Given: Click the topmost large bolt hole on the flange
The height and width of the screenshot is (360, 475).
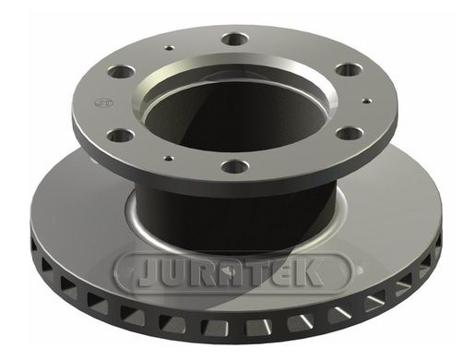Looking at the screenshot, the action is pos(235,39).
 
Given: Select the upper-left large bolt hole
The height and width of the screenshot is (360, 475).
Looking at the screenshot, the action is pos(122,72).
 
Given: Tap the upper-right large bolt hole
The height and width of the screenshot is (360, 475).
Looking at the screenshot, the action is pos(348,69).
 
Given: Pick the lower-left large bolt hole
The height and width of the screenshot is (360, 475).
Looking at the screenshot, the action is pos(120,136).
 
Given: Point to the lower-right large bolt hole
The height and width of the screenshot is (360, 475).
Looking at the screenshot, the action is pos(350,134).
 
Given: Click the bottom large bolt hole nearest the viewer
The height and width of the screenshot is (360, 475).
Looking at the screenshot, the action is pos(235,166).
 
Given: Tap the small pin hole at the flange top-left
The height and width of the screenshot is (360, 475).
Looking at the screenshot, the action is pos(169,48).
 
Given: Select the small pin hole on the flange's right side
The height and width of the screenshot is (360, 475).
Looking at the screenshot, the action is pos(367,101).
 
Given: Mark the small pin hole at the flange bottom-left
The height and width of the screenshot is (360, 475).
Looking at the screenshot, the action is pos(169,159).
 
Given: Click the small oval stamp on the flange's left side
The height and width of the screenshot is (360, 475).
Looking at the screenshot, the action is pos(104,102).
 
